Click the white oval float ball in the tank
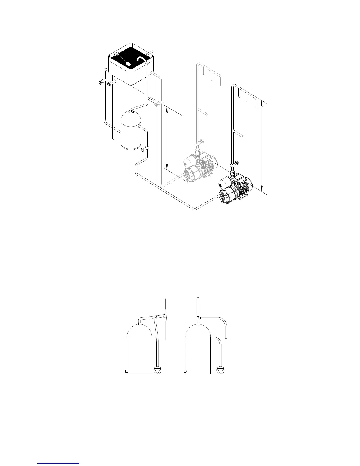tap(128, 64)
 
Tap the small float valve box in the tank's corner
tap(116, 54)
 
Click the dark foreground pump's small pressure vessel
tap(224, 183)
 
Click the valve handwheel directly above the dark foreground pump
tap(236, 163)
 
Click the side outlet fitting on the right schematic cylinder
tap(211, 339)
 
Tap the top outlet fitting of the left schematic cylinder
tap(139, 323)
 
